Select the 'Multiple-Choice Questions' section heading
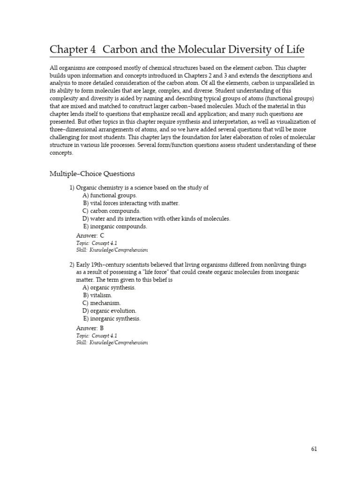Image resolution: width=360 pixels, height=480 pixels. tap(92, 174)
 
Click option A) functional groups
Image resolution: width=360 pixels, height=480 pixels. tap(110, 195)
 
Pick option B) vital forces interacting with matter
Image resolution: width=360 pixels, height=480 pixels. tap(131, 203)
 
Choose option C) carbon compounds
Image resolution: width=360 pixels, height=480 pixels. tap(111, 211)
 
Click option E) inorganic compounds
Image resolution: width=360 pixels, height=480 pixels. tap(115, 226)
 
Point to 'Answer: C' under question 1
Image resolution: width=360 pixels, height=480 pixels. tap(90, 235)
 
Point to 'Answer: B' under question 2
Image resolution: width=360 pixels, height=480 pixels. tap(90, 328)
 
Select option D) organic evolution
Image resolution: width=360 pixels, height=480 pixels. tap(109, 311)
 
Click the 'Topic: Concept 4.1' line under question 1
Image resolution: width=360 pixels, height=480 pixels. tap(97, 243)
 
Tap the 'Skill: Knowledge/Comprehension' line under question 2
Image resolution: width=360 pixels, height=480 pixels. tap(112, 343)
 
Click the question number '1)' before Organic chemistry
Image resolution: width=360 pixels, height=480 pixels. tap(72, 188)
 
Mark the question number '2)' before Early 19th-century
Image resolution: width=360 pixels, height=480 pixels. tap(72, 265)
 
